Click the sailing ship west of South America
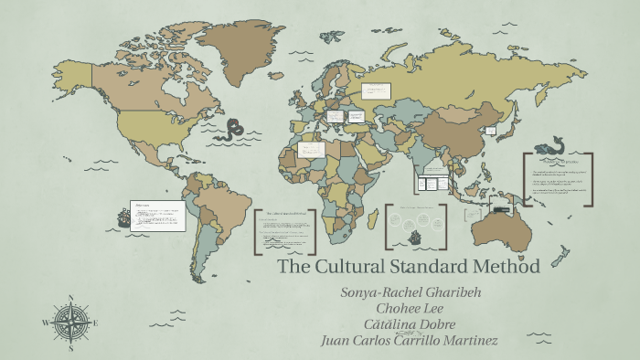(123, 217)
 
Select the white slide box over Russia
(377, 90)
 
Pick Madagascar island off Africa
(378, 221)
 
